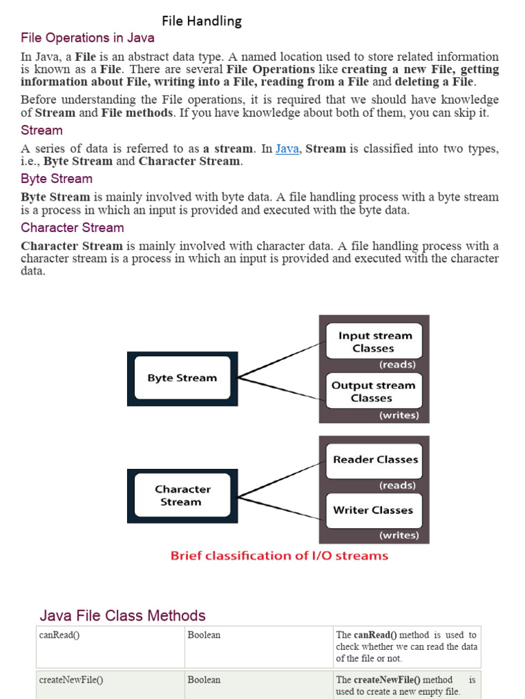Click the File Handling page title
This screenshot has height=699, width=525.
pos(202,21)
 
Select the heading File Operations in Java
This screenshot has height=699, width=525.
pos(87,38)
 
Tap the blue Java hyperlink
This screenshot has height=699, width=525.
pos(287,148)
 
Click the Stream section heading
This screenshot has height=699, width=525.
pos(42,130)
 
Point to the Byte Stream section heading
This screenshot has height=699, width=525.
pos(57,178)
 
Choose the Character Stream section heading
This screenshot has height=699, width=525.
pos(72,227)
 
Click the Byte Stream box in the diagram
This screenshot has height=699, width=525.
pos(182,377)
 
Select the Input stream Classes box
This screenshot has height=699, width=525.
pos(373,341)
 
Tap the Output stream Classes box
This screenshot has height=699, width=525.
pos(373,391)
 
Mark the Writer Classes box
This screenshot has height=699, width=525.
pos(373,510)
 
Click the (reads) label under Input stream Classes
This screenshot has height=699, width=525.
pos(397,365)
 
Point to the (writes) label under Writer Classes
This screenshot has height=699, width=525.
pos(399,535)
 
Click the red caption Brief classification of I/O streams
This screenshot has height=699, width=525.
pos(279,556)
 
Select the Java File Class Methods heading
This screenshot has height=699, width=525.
pos(122,616)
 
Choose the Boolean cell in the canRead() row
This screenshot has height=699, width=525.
pos(204,635)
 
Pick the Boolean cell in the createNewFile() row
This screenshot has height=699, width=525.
pos(204,680)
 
